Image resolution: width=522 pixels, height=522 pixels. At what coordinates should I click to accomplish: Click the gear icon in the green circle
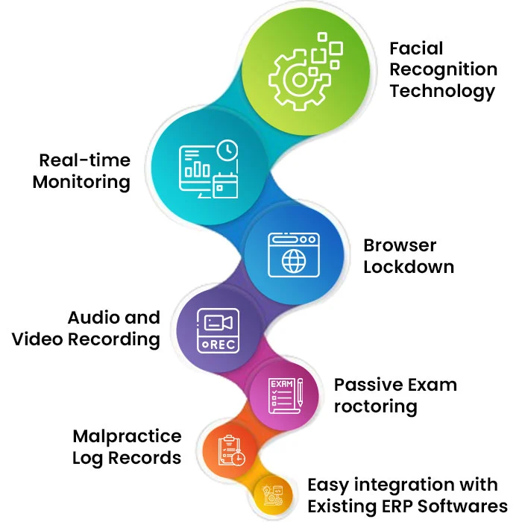click(296, 78)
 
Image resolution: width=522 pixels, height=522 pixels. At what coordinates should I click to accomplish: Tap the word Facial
click(416, 49)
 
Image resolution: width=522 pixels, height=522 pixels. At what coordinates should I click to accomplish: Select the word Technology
click(442, 91)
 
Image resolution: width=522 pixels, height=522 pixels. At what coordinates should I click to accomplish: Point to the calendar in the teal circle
click(224, 186)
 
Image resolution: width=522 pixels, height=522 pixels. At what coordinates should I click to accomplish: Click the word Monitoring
click(81, 182)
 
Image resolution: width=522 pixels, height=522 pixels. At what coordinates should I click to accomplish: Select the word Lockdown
click(409, 267)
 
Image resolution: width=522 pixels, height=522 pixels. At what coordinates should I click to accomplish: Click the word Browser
click(400, 245)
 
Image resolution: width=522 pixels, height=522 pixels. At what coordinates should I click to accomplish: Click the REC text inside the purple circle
click(219, 345)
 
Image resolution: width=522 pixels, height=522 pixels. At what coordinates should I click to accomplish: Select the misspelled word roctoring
click(375, 406)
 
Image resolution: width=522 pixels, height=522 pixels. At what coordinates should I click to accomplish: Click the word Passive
click(364, 385)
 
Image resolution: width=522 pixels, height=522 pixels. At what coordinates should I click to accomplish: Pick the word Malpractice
click(127, 435)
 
